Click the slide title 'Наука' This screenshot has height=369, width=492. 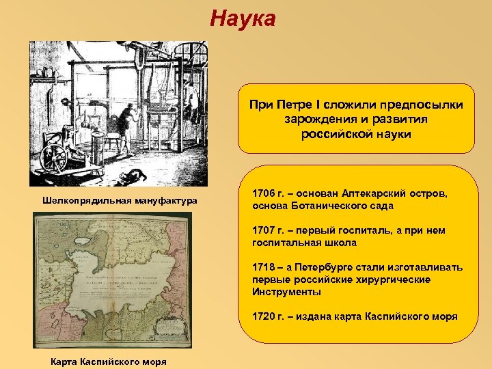point(243,18)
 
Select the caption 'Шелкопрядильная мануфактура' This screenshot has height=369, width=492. point(120,200)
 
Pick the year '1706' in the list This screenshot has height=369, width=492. point(264,194)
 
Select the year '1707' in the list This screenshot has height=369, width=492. point(264,231)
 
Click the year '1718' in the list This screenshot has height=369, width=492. point(264,267)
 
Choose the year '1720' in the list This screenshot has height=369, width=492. point(264,316)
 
